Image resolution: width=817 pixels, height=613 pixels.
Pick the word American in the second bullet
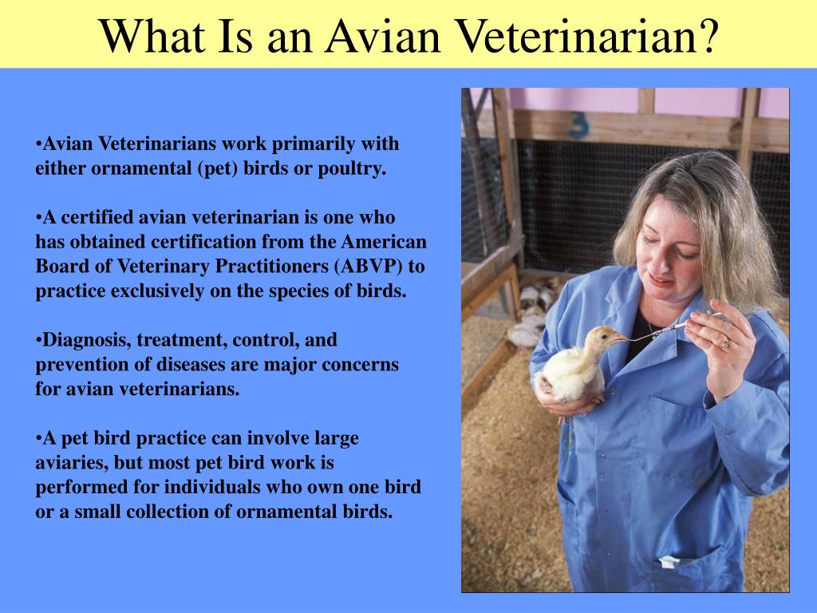385,242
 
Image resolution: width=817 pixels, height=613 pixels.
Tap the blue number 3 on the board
578,125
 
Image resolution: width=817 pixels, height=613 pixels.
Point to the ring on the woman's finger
724,342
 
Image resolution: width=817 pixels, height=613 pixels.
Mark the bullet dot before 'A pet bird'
38,438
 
